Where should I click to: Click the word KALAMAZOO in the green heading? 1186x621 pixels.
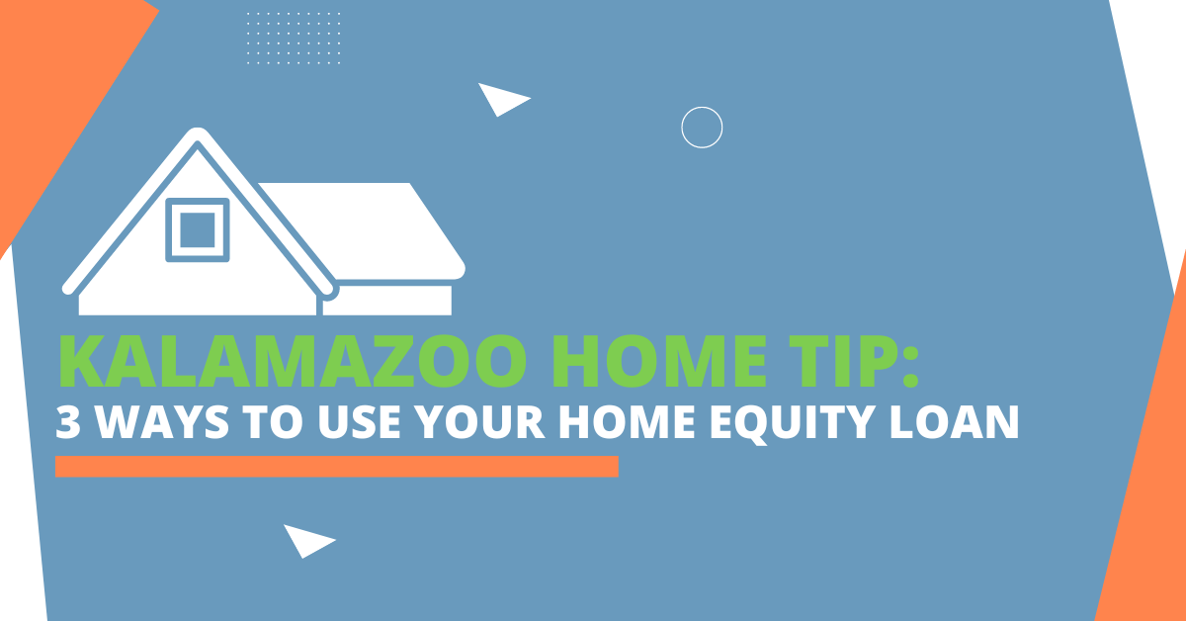click(293, 361)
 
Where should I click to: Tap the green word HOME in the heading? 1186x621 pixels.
click(659, 361)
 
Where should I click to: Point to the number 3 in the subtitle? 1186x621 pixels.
click(68, 422)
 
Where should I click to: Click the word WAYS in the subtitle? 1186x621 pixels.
click(163, 422)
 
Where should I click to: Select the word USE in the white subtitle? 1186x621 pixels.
click(359, 422)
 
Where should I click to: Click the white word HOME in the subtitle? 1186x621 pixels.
click(627, 422)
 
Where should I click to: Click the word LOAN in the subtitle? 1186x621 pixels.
click(954, 422)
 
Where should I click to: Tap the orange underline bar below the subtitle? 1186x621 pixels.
click(337, 467)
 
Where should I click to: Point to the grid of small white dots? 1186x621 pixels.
click(294, 39)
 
